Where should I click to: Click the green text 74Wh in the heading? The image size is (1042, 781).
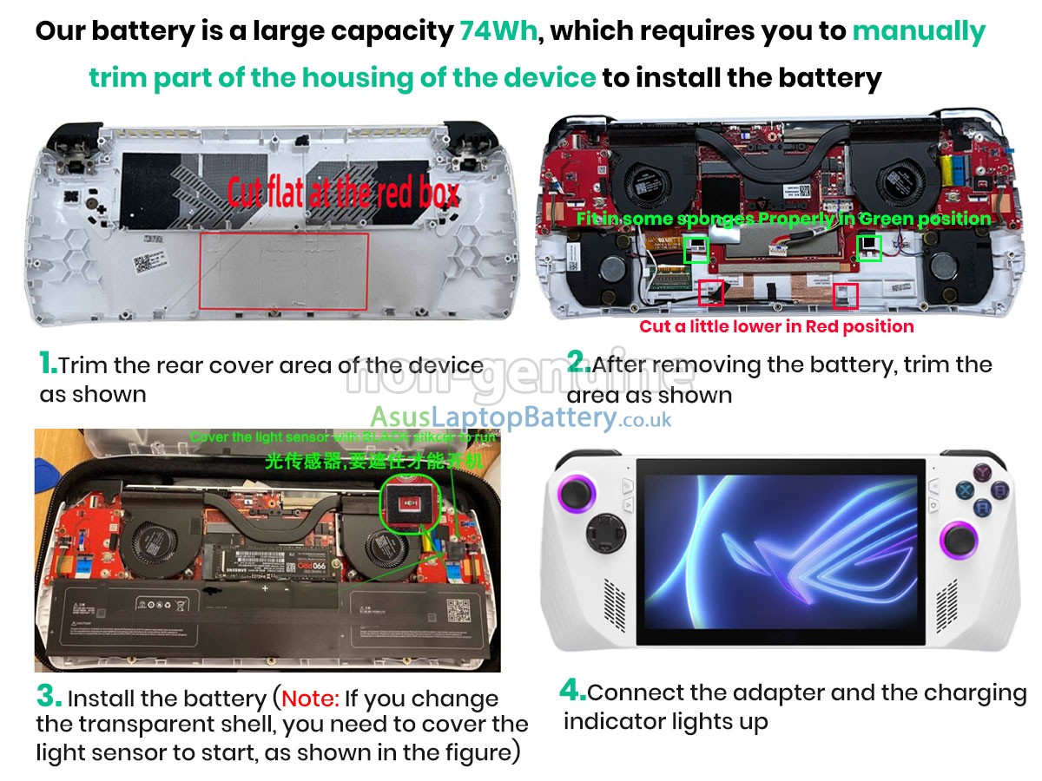[498, 32]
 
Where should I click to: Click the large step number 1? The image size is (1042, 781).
[48, 363]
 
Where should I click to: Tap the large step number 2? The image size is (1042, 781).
[577, 363]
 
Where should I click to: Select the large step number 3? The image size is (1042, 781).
[49, 696]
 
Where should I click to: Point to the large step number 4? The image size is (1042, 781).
[572, 691]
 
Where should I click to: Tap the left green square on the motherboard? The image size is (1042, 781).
[695, 250]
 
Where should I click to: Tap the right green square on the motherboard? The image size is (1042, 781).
[869, 248]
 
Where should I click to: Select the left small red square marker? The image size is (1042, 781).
[710, 292]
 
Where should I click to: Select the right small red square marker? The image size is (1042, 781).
[846, 296]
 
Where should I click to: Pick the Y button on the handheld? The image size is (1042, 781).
[983, 473]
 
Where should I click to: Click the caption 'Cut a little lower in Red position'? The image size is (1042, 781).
[776, 327]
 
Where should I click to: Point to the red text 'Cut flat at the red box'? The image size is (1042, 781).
[343, 193]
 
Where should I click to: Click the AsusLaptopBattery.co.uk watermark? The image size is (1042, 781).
[521, 418]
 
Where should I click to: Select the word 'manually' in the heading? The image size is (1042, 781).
[919, 32]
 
